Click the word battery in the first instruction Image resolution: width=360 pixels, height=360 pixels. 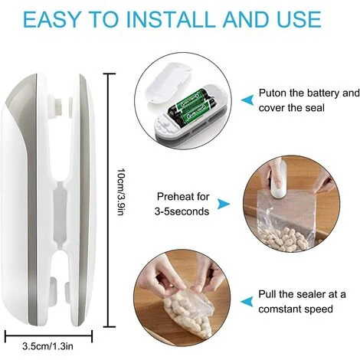pos(321,93)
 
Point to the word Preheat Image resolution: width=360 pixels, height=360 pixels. pos(177,196)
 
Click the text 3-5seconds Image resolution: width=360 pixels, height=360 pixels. pos(183,210)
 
